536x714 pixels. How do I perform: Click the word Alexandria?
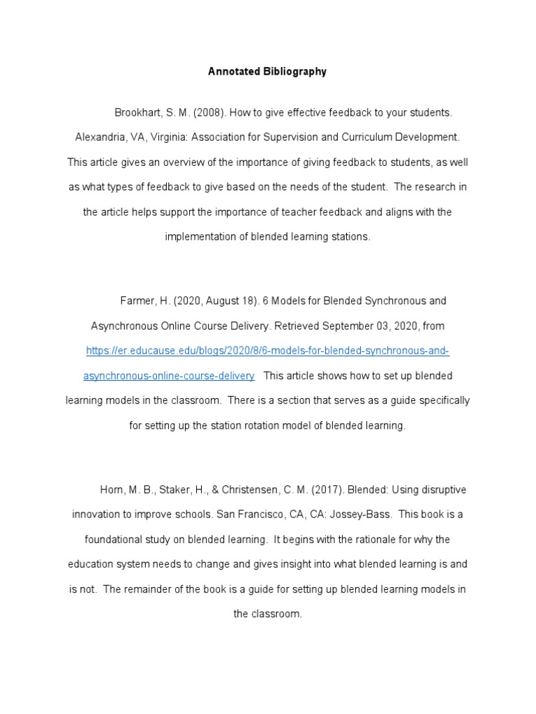pos(102,137)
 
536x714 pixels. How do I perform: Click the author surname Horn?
pos(112,490)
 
